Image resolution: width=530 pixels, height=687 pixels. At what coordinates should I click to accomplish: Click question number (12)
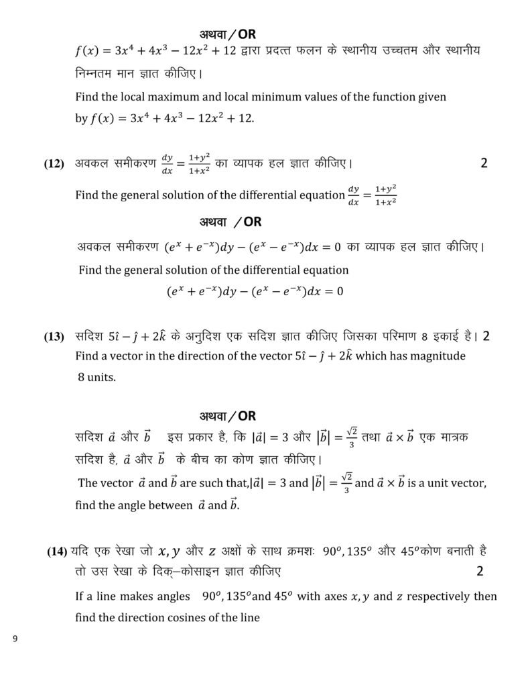[x=54, y=164]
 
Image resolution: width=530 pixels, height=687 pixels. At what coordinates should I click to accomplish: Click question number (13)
[x=54, y=337]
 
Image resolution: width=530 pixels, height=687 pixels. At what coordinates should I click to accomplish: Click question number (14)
[x=56, y=551]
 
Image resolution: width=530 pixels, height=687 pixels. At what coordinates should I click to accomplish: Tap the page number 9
[x=15, y=639]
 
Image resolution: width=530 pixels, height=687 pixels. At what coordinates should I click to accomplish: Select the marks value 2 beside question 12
[x=484, y=163]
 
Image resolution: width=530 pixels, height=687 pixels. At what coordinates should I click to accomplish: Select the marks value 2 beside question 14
[x=479, y=571]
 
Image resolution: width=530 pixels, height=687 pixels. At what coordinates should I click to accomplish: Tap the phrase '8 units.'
[x=96, y=376]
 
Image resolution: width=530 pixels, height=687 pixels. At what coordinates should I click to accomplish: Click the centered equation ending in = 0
[x=255, y=292]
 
